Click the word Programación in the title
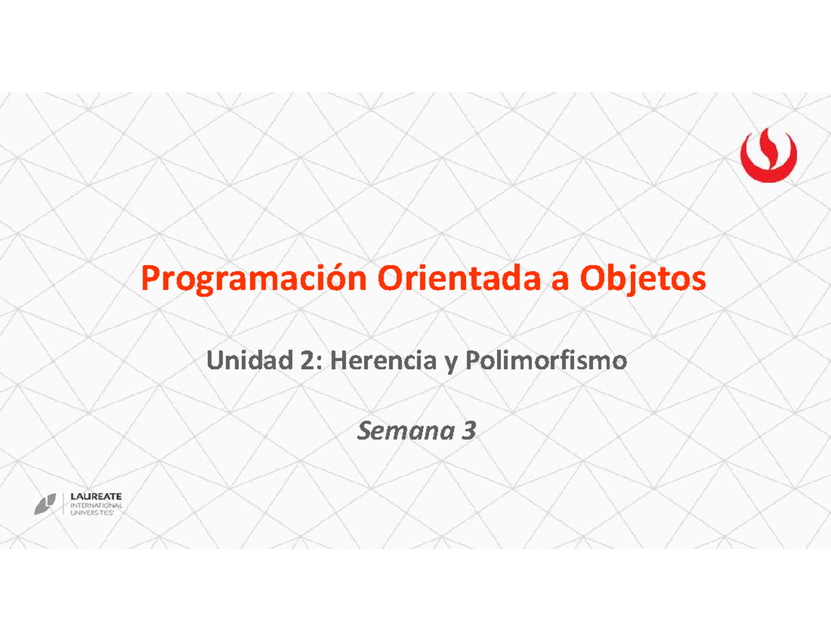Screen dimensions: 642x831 [x=253, y=280]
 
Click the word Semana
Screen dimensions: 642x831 [x=402, y=432]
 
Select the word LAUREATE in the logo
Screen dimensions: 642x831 [x=97, y=497]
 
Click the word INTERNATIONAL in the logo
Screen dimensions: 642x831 [x=97, y=506]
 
